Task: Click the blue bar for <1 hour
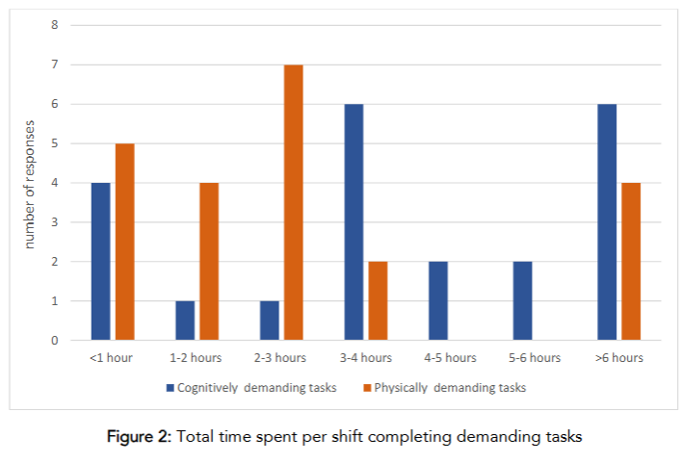pos(101,261)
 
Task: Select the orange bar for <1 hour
pos(123,242)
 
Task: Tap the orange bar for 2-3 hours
pos(292,202)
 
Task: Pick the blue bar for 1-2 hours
pos(186,321)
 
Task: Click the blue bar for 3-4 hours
pos(354,221)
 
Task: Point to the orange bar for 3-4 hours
pos(377,300)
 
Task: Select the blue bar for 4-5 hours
pos(439,300)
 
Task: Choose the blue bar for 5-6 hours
pos(524,300)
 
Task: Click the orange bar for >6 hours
pos(630,261)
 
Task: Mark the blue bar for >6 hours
pos(608,221)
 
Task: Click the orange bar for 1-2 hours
pos(208,261)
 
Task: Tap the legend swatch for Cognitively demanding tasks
pos(170,388)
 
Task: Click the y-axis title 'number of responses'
pos(31,183)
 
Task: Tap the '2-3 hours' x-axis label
pos(281,358)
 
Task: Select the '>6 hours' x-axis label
pos(618,358)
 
